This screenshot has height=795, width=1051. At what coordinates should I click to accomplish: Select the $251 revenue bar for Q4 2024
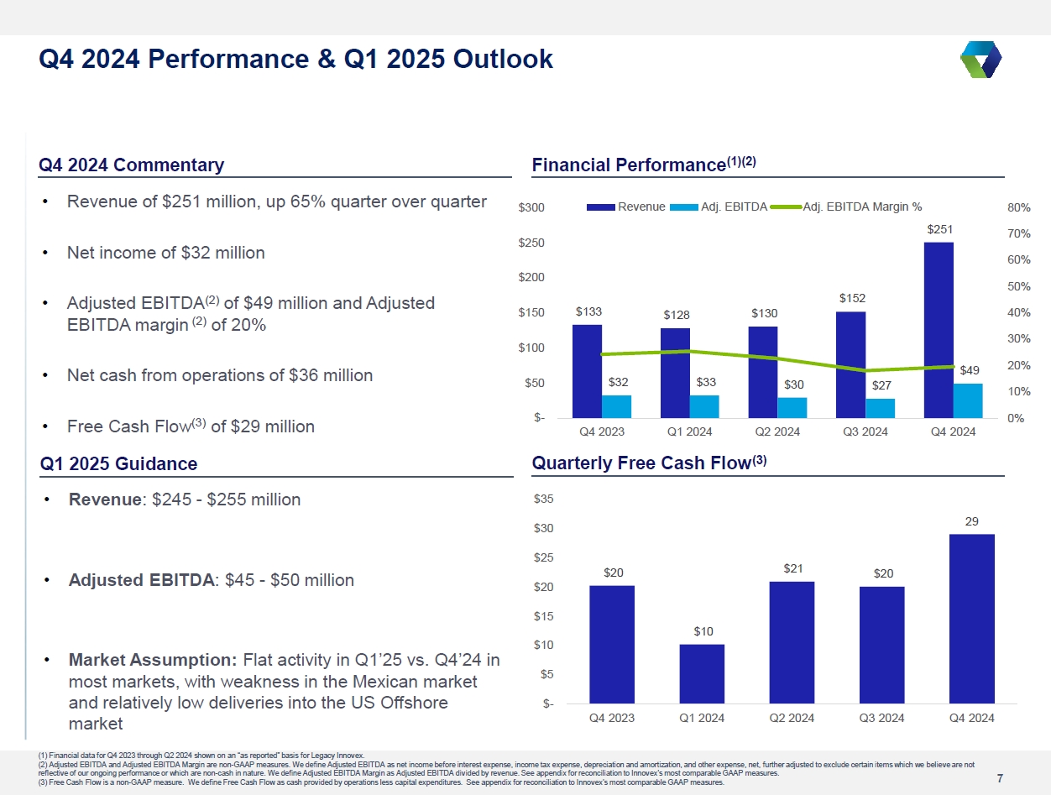point(939,329)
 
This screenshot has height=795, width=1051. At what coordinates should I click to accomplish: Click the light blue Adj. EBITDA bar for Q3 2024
point(881,408)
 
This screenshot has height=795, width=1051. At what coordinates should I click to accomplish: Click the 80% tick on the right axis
point(1019,207)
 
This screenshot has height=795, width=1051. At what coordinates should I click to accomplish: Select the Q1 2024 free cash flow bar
point(702,673)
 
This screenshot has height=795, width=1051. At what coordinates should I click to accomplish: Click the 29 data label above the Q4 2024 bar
point(971,521)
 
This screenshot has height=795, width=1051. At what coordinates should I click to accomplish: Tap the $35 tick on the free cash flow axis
point(543,499)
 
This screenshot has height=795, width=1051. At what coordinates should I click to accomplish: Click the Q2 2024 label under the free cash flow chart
point(792,718)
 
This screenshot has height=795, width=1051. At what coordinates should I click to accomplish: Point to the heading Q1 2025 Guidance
point(118,463)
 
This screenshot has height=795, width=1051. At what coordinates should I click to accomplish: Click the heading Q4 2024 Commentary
point(132,165)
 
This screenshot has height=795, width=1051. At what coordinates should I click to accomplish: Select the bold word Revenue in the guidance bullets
point(106,499)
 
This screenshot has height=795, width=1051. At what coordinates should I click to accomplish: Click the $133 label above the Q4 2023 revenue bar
point(588,311)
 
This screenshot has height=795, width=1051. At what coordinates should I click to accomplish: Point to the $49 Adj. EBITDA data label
point(968,369)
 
